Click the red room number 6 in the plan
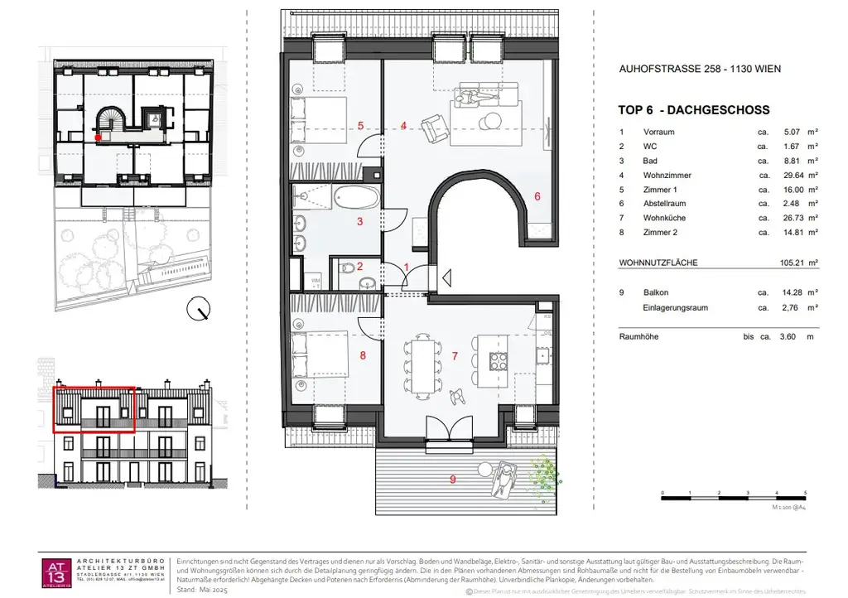[537, 197]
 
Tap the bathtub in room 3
[355, 199]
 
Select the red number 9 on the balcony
[452, 479]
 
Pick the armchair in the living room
[434, 128]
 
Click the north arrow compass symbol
[199, 310]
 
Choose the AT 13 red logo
[55, 572]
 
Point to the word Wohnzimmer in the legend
[667, 176]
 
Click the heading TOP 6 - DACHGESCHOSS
[694, 110]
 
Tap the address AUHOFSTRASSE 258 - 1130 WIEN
[700, 70]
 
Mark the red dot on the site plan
[99, 138]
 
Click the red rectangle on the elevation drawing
[94, 409]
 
